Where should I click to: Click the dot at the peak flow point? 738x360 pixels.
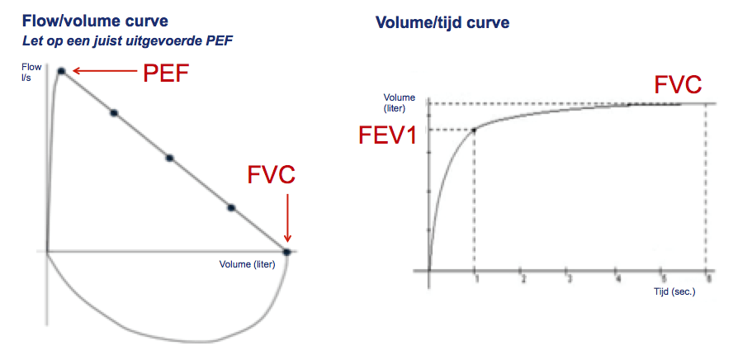(x=61, y=71)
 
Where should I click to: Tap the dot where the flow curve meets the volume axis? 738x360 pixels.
(x=286, y=252)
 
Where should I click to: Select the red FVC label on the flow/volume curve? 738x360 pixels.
(x=272, y=175)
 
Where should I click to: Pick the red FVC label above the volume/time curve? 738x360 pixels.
(x=679, y=85)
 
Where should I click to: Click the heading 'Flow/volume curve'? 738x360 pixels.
(x=95, y=21)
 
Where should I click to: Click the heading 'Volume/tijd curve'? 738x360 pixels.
(x=442, y=22)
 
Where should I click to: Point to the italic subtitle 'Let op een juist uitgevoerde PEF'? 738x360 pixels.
(x=128, y=41)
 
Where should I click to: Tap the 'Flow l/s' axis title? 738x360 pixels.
(x=31, y=71)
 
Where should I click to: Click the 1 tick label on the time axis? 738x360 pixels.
(x=476, y=280)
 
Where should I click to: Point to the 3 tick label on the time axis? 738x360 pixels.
(x=570, y=280)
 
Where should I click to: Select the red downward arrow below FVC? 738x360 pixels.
(x=287, y=218)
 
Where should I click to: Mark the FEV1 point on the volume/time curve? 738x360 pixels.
(x=474, y=130)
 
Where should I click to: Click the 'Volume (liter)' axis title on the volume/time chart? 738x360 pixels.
(x=399, y=103)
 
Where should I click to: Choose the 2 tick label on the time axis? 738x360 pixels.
(x=523, y=280)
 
